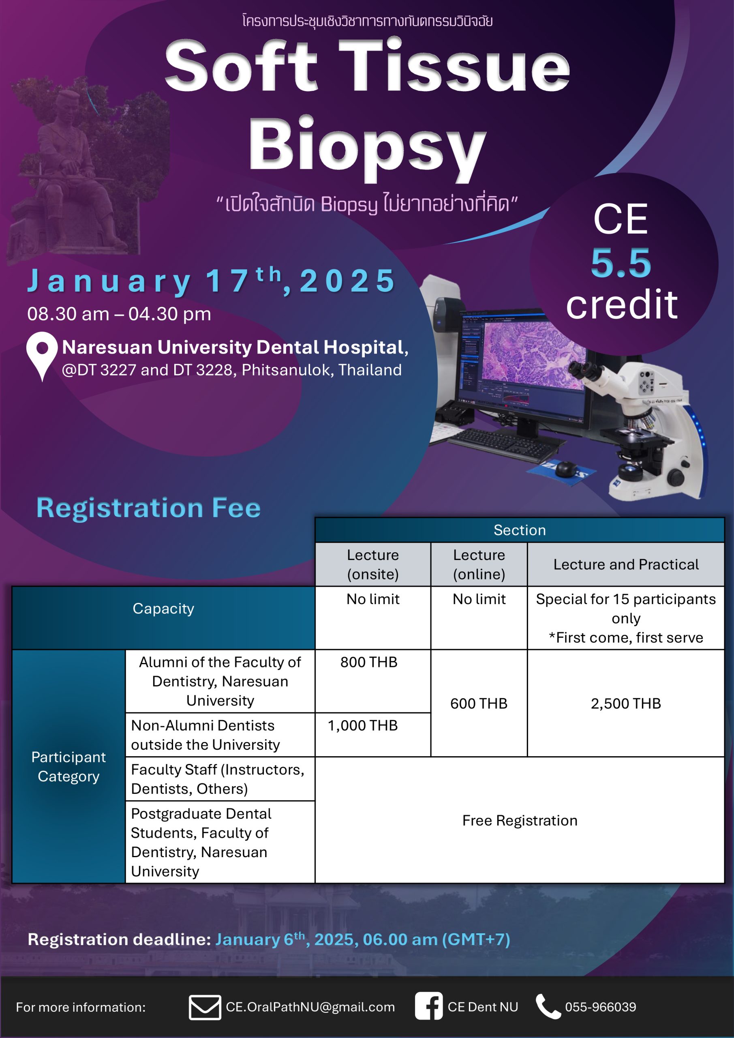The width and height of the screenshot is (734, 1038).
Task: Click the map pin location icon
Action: click(x=42, y=355)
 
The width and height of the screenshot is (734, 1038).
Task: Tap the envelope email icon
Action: click(x=205, y=1007)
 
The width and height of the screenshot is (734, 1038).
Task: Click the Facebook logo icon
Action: click(x=428, y=1006)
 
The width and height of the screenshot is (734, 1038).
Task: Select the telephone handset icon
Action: click(x=548, y=1006)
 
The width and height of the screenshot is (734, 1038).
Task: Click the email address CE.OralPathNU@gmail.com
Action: click(x=310, y=1007)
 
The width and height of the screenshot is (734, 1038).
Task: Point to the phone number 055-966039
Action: click(x=600, y=1007)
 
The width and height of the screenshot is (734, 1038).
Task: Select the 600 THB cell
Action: click(x=479, y=703)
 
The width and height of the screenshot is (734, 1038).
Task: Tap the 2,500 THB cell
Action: click(x=625, y=703)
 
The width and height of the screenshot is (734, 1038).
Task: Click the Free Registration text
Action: click(x=520, y=821)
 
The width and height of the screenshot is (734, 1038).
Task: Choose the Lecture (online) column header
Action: click(x=479, y=564)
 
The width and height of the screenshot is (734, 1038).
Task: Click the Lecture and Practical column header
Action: click(x=626, y=564)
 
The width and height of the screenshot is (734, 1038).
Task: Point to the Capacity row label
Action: click(x=163, y=609)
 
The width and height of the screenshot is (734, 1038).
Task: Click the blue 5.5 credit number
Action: click(x=621, y=263)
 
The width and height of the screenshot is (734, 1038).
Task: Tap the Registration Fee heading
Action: click(x=148, y=508)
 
